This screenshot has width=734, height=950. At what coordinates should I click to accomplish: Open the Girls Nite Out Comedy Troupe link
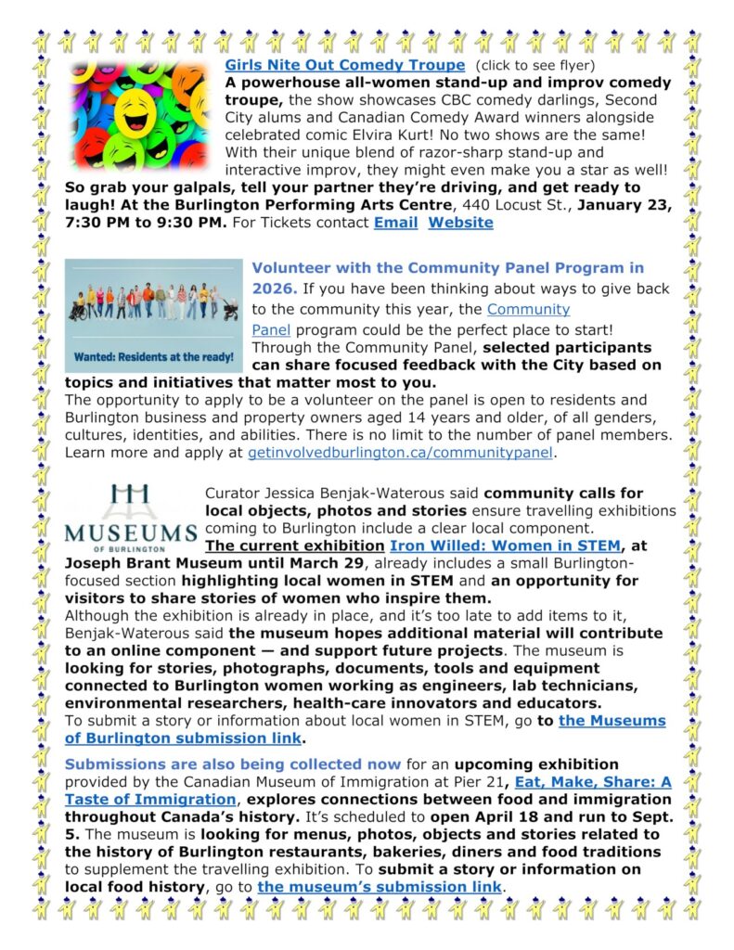(x=344, y=65)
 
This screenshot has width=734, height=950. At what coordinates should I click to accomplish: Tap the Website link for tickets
(x=460, y=223)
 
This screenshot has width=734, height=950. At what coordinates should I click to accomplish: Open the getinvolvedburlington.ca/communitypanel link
(x=400, y=453)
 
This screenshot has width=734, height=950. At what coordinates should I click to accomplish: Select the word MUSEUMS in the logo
(x=131, y=533)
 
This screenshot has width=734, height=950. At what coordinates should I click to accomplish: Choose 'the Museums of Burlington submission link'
(x=366, y=729)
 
